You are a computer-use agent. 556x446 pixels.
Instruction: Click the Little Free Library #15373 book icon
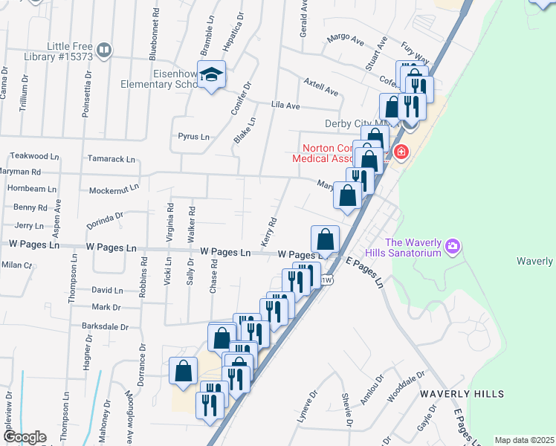tap(104, 51)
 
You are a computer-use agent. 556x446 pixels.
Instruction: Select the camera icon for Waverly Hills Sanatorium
tap(453, 245)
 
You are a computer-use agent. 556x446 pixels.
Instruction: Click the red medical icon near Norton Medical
tap(402, 152)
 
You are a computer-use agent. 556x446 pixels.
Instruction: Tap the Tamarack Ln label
tap(111, 159)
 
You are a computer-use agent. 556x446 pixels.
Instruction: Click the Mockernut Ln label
tap(113, 190)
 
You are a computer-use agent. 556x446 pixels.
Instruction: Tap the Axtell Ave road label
tap(321, 87)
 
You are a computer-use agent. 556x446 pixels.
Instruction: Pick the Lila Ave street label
tap(285, 106)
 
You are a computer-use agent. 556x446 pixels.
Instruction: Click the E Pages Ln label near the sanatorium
tap(368, 272)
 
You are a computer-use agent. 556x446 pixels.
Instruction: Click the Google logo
tap(24, 437)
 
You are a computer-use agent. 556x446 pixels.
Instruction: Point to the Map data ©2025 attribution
tap(524, 440)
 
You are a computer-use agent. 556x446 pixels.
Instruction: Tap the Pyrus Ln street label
tap(194, 137)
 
